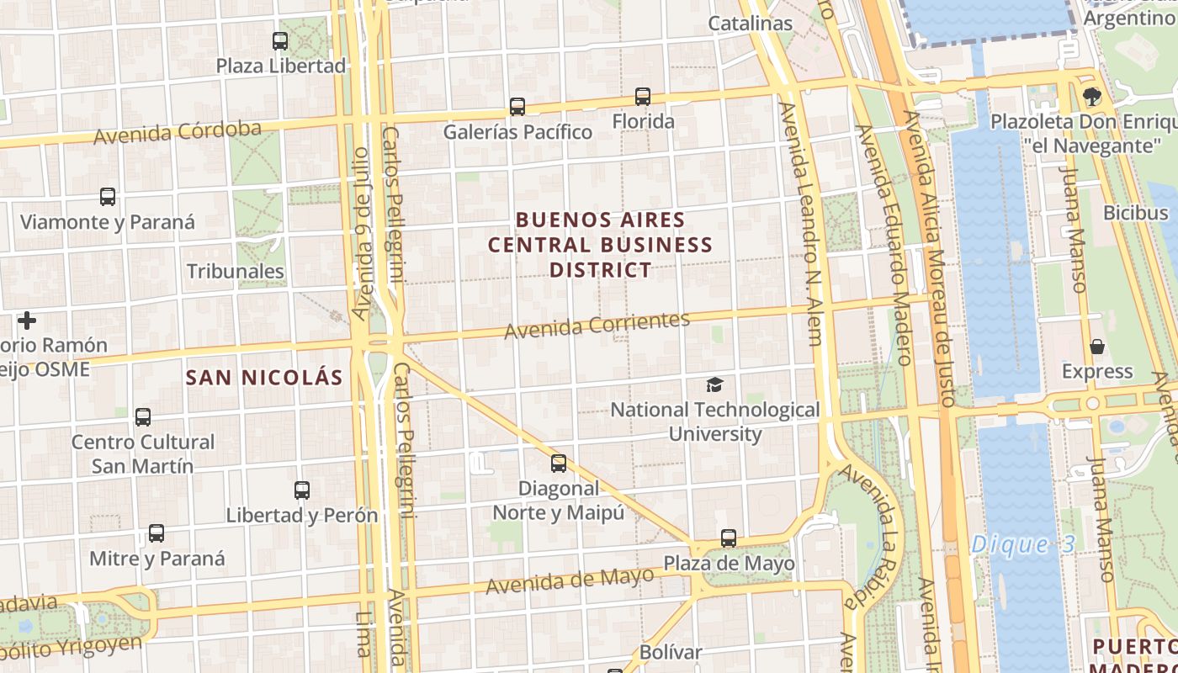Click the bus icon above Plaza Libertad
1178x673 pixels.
pyautogui.click(x=280, y=40)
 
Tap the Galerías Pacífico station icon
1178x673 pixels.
pyautogui.click(x=517, y=107)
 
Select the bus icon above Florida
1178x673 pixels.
pyautogui.click(x=643, y=97)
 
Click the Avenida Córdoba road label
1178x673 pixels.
pyautogui.click(x=178, y=132)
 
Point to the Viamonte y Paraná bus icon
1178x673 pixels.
pyautogui.click(x=108, y=197)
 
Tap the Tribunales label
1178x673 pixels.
pyautogui.click(x=236, y=272)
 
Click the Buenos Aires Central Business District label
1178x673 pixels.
pyautogui.click(x=601, y=245)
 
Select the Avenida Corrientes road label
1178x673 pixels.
pyautogui.click(x=597, y=325)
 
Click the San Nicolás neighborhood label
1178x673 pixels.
pyautogui.click(x=264, y=378)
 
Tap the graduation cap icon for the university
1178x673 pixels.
pyautogui.click(x=714, y=385)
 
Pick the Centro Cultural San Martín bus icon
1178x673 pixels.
pyautogui.click(x=143, y=416)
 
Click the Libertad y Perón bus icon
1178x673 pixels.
pyautogui.click(x=302, y=490)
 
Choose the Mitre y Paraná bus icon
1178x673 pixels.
pyautogui.click(x=157, y=533)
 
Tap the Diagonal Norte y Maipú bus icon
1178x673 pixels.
pyautogui.click(x=558, y=463)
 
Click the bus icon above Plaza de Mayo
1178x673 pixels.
pyautogui.click(x=729, y=538)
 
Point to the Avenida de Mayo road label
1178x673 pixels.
pyautogui.click(x=570, y=580)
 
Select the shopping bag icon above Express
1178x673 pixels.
pyautogui.click(x=1097, y=347)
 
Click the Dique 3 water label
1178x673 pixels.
pyautogui.click(x=1022, y=544)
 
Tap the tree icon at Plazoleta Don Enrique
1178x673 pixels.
pyautogui.click(x=1092, y=97)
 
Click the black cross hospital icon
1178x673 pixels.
pyautogui.click(x=27, y=321)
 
